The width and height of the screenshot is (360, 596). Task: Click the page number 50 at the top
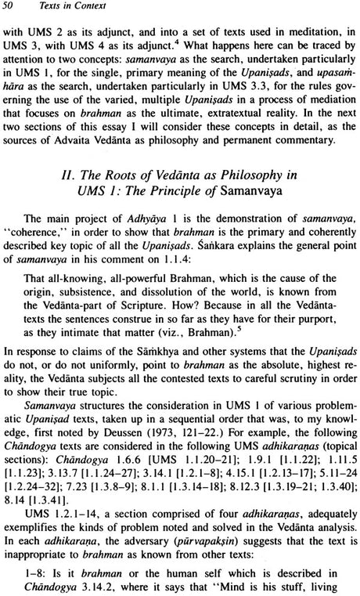coord(16,9)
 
